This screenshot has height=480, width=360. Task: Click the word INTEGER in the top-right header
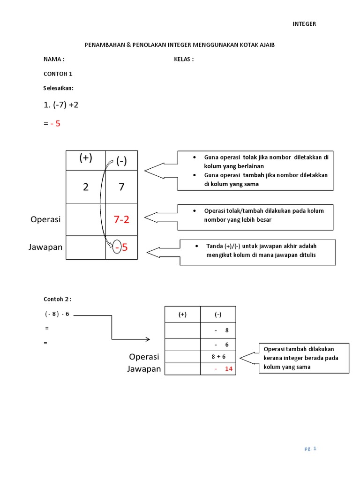304,24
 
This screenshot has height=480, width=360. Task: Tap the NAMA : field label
54,60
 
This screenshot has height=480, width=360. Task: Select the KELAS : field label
184,60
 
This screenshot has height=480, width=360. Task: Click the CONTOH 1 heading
58,74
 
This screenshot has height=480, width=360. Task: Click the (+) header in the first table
86,158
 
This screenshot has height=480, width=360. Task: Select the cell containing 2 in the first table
85,187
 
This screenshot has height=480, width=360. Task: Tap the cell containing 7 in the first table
121,187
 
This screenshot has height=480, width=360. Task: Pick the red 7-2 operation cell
121,219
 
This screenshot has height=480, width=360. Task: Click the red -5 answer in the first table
121,247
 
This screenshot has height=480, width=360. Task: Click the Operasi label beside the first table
45,219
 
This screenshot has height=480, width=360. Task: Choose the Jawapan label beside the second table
144,369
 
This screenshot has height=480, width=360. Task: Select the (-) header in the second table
218,315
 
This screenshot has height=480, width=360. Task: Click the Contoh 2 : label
58,299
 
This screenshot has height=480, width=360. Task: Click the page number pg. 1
310,449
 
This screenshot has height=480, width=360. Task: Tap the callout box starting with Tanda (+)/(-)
258,252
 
